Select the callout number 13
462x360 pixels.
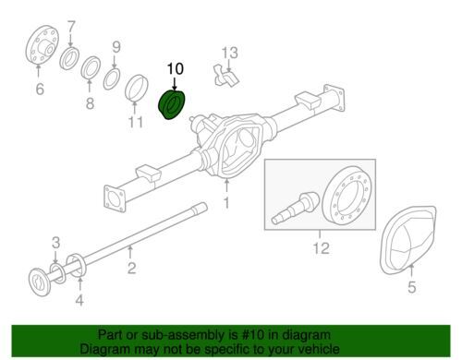230,53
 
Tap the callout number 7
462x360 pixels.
71,27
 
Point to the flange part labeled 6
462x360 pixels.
42,45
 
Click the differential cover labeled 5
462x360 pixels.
407,240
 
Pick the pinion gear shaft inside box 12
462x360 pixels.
296,207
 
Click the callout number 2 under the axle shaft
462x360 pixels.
131,268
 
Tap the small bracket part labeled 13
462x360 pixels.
226,76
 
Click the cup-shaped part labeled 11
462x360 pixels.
137,88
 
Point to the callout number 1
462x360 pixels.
226,203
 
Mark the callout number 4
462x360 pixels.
79,300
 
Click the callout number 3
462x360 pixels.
55,243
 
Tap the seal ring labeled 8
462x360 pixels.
91,68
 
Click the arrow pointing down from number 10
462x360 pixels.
175,84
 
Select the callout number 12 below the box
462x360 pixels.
321,248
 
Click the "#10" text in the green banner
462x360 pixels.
253,335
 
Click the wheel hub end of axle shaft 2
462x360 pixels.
40,282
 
